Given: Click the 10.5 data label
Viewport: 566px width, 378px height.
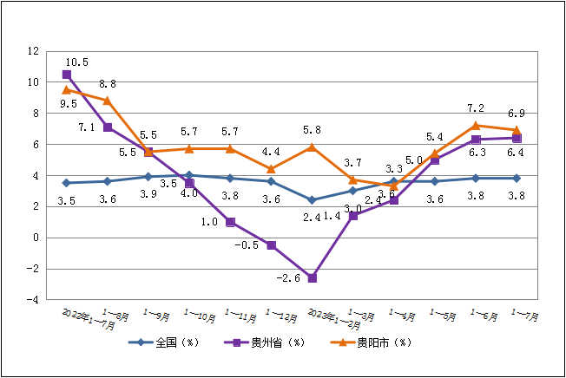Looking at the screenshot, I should tap(77, 62).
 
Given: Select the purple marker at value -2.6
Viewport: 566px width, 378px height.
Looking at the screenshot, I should tap(313, 278).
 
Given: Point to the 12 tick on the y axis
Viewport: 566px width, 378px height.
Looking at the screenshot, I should tap(33, 51).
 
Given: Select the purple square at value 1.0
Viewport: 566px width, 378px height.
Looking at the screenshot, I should tap(230, 222).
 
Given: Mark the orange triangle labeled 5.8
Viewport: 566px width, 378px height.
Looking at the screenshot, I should tap(313, 147).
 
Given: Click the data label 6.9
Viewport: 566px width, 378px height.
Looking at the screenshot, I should tap(517, 114).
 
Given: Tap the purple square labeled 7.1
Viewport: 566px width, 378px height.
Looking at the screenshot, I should tap(108, 127).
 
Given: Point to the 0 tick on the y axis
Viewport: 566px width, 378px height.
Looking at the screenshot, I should tap(36, 238).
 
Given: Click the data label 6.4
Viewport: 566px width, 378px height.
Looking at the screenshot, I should tap(517, 153).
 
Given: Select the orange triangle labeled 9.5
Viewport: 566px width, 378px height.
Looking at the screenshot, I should tap(67, 89).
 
